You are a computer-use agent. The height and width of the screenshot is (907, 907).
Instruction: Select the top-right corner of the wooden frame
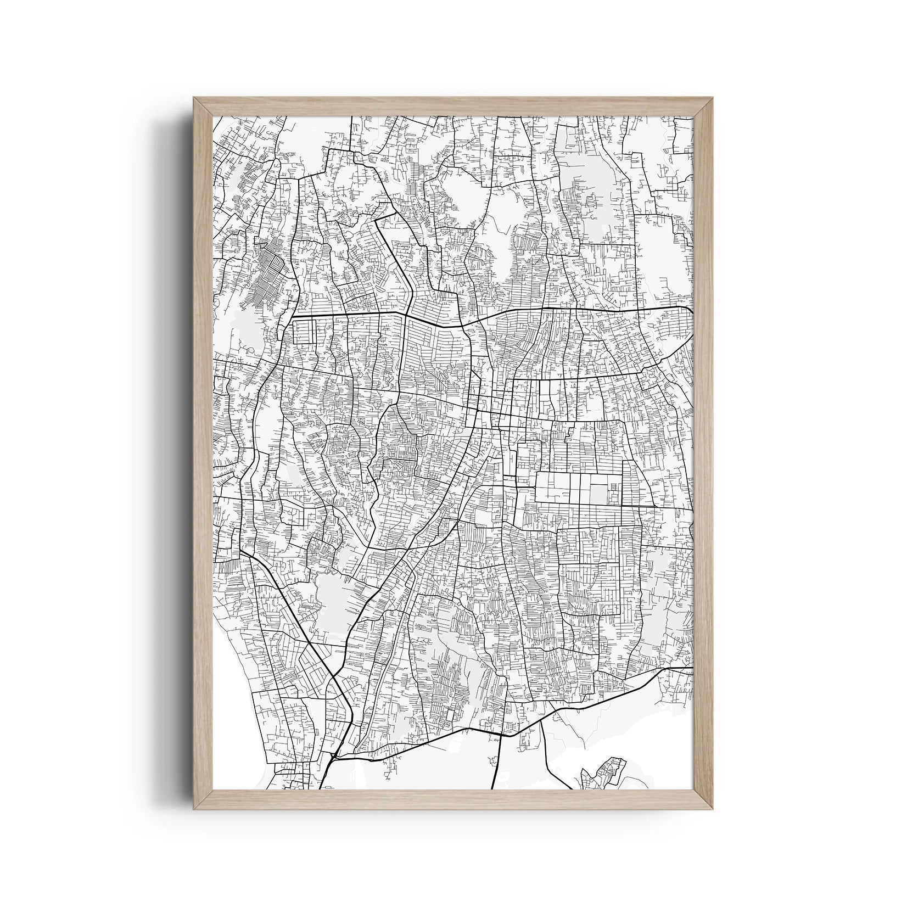704,107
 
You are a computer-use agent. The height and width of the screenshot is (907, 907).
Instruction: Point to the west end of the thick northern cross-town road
292,317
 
